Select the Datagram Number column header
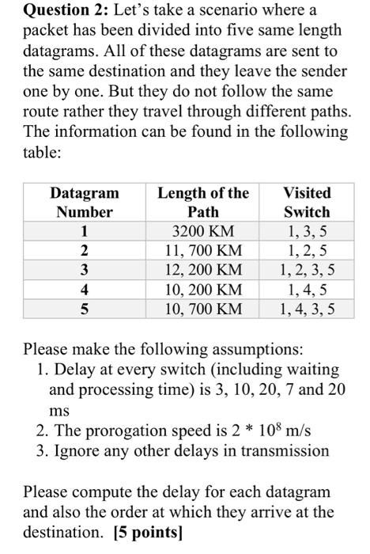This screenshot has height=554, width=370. pos(85,202)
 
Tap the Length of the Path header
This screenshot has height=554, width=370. pos(203,202)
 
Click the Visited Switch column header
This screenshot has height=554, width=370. pos(307,202)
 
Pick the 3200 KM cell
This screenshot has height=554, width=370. pos(202,232)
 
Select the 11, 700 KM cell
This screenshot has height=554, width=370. pos(202,251)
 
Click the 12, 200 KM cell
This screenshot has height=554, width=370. pos(202,270)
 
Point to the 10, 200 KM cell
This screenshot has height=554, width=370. pos(202,289)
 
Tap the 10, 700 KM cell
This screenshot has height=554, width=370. pos(202,308)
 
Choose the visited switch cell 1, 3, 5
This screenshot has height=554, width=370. pos(307,232)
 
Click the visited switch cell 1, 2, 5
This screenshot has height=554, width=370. pos(307,251)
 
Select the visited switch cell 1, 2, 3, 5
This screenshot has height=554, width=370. pos(307,270)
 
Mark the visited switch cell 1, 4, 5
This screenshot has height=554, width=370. pos(307,289)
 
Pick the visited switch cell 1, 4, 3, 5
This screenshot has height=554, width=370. pos(307,308)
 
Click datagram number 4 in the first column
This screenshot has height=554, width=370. pos(85,289)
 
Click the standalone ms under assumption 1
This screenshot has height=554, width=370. pos(59,411)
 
